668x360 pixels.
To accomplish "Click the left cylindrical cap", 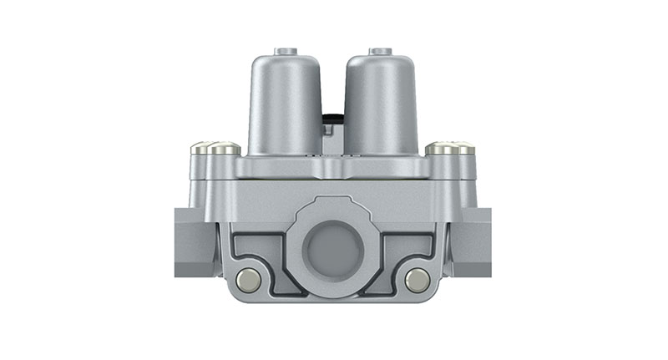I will pyautogui.click(x=285, y=104).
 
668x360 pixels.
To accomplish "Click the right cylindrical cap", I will pyautogui.click(x=381, y=104).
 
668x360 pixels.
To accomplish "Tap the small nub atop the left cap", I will pyautogui.click(x=286, y=52).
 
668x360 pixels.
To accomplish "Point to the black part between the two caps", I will pyautogui.click(x=333, y=122).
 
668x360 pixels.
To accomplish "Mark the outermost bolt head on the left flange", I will pyautogui.click(x=202, y=149).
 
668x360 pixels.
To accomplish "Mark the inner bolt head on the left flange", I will pyautogui.click(x=225, y=149).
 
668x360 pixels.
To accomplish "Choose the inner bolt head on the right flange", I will pyautogui.click(x=440, y=149).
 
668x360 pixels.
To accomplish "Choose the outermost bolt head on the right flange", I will pyautogui.click(x=463, y=149).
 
